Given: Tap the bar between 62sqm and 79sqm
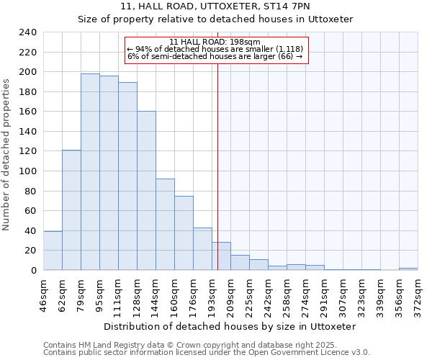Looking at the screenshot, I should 71,210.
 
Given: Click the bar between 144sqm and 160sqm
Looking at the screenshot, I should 165,224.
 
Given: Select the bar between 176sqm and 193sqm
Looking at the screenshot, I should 202,248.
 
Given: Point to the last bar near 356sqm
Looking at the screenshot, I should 408,269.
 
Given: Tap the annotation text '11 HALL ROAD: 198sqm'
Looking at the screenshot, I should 215,42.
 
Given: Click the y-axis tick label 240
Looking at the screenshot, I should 28,32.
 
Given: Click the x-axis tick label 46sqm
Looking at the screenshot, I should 44,294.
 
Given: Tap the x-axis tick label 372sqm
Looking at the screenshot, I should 418,294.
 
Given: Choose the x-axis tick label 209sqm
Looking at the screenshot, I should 231,294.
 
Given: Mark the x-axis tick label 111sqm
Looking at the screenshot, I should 119,294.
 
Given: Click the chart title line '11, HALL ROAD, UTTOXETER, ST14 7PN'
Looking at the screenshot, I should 215,6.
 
